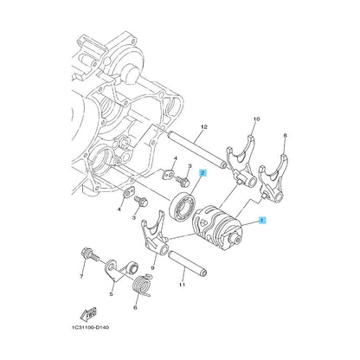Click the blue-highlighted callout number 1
(262, 221)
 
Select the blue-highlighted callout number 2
(202, 173)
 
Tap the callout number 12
(204, 127)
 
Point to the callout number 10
(256, 119)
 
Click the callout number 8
(285, 135)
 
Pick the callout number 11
(182, 285)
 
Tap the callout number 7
(81, 277)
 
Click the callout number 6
(135, 307)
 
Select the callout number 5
(111, 294)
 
